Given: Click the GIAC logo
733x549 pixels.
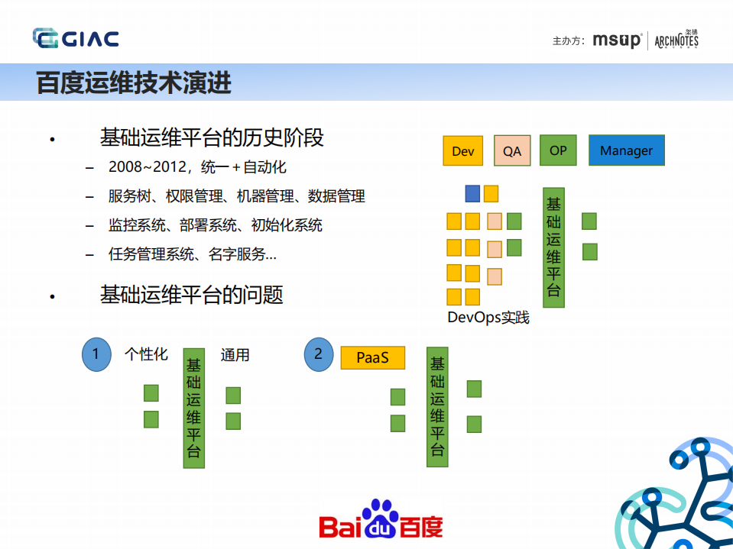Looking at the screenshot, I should [76, 38].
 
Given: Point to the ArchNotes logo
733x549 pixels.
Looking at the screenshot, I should [676, 40].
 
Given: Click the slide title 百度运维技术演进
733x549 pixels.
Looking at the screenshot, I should [134, 82].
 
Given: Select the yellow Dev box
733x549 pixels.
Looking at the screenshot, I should [463, 151].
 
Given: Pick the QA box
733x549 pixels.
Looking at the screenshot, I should [512, 151].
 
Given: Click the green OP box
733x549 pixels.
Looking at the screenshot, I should [558, 150].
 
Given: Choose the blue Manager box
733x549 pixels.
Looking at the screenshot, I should [626, 150].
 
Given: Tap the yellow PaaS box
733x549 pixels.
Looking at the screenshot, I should [372, 357].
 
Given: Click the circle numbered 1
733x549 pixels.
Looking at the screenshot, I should [96, 354].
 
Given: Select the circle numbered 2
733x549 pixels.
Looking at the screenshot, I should [319, 354].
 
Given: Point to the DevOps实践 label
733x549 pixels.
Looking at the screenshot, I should [488, 317].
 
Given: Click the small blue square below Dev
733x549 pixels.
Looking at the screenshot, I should [472, 193].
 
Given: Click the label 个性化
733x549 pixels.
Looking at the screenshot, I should [146, 355].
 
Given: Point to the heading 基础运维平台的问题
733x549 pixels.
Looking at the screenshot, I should [191, 295].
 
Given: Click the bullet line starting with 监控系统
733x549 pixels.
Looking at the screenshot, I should [216, 225].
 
